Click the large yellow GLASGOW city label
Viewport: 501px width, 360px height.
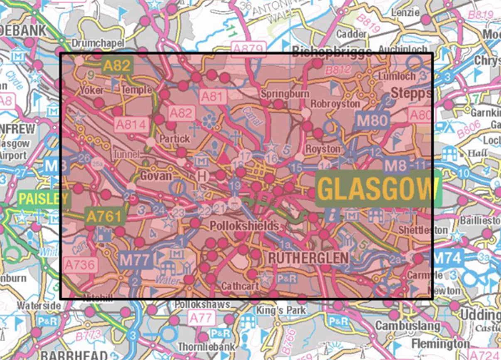[378, 189]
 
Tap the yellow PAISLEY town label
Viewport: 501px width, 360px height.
[43, 199]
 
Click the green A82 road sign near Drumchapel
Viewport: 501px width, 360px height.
[118, 65]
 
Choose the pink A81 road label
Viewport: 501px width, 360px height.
[213, 97]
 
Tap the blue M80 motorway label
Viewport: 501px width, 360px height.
[372, 120]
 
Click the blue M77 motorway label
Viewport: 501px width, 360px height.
[134, 260]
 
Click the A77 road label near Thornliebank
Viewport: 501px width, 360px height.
[201, 318]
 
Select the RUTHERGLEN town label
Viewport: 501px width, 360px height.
[308, 258]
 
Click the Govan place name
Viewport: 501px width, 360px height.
[156, 176]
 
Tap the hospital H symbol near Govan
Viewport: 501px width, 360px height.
[202, 176]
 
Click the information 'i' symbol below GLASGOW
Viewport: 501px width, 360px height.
[333, 214]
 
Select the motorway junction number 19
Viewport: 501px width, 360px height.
[235, 185]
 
